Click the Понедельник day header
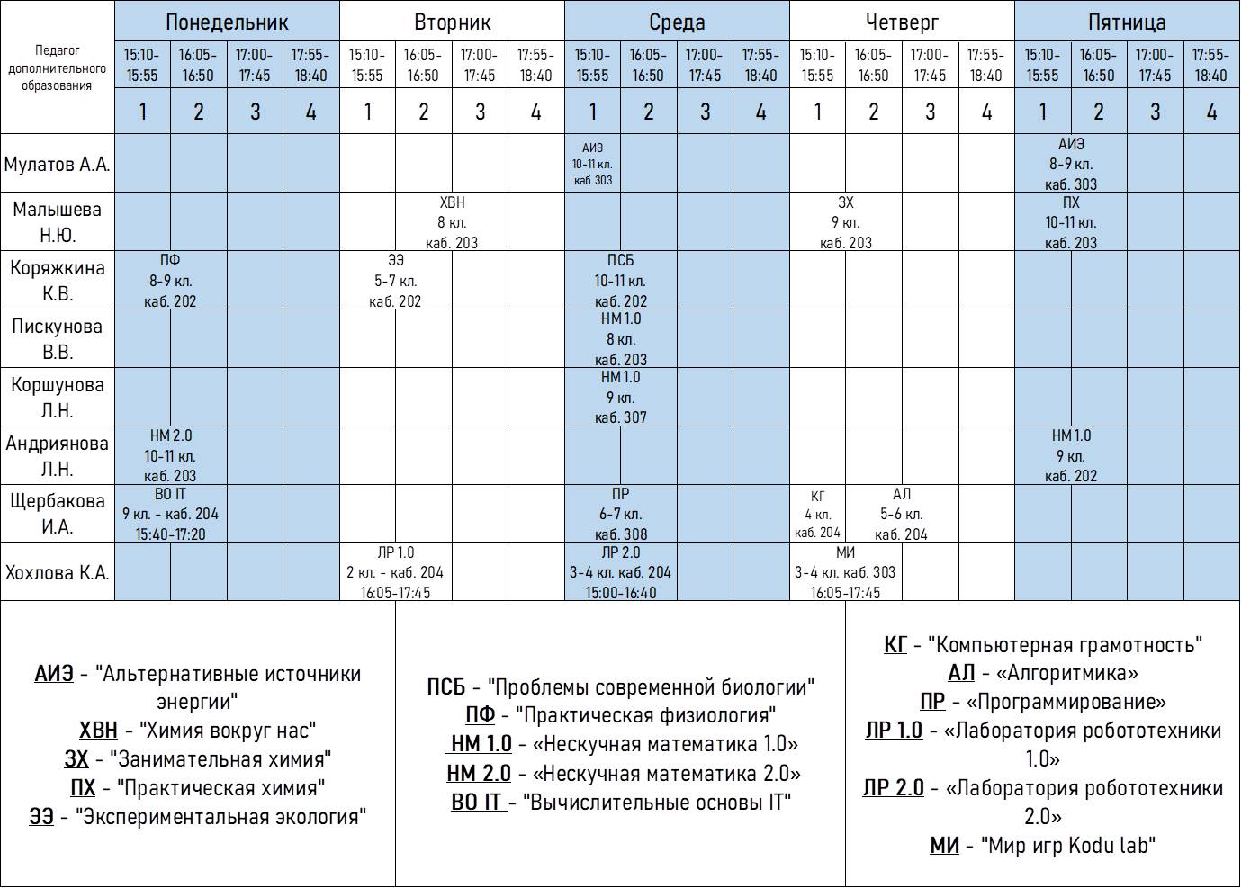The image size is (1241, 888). (x=227, y=22)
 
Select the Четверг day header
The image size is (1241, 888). (x=902, y=22)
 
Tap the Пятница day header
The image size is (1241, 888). (x=1127, y=22)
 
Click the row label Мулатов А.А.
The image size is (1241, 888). (x=58, y=164)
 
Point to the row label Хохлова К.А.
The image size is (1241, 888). (x=58, y=572)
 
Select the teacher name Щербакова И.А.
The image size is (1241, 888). (x=58, y=514)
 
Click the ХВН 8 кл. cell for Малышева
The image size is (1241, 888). (x=452, y=222)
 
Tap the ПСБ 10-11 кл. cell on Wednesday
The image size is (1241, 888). (x=620, y=281)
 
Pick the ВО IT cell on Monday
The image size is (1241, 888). (x=170, y=514)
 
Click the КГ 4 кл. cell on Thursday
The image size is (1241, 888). (x=817, y=514)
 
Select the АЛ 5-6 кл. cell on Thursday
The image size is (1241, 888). (x=902, y=514)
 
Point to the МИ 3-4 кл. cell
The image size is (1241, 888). (x=845, y=572)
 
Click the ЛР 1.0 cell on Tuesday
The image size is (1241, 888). (x=395, y=572)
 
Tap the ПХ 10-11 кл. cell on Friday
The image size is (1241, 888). (x=1071, y=222)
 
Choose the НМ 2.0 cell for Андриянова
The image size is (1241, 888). (x=170, y=455)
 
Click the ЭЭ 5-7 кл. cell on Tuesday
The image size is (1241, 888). (x=395, y=281)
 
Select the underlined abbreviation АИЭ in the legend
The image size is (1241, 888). (x=54, y=674)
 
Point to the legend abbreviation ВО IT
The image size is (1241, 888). (x=476, y=803)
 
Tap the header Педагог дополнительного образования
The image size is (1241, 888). (x=58, y=68)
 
